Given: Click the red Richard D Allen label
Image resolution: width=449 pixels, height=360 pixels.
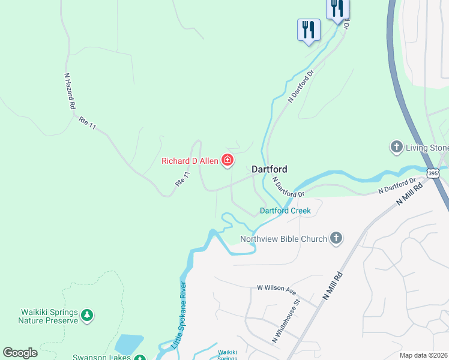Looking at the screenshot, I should (190, 160).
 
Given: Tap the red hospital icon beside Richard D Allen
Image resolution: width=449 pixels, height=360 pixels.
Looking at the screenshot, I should (228, 160).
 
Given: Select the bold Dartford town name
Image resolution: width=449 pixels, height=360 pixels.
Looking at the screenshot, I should (269, 169).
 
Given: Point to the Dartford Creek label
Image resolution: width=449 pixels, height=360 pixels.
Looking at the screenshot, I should (285, 211).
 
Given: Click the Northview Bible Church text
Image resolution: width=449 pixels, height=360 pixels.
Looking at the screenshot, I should (284, 239).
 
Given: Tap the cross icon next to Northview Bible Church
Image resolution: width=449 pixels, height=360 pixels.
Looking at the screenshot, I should (336, 239).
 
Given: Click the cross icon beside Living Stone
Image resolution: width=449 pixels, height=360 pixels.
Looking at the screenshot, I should (396, 147).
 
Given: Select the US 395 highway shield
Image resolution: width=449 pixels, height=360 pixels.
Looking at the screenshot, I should (433, 173).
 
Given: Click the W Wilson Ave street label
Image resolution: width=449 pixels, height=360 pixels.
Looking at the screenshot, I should (277, 290).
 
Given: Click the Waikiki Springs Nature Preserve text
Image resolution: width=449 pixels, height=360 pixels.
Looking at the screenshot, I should (49, 316).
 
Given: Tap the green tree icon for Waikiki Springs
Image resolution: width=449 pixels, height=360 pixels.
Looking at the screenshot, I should (87, 315).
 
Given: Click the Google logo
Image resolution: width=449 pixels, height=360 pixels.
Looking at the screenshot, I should (20, 353).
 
